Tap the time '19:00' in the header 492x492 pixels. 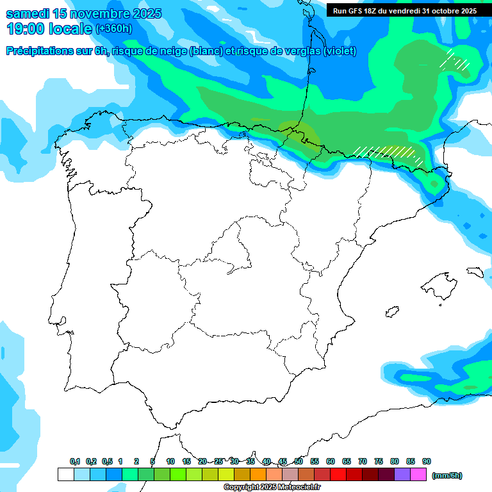point(26,28)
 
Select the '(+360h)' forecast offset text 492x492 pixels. point(114,29)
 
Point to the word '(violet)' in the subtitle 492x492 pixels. point(340,51)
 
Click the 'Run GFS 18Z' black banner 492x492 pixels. point(405,11)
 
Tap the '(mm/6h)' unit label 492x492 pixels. point(447,475)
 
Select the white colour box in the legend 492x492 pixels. point(65,474)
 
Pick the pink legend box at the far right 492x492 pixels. point(418,474)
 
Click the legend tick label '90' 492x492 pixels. point(427,461)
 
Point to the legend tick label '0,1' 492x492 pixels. point(75,461)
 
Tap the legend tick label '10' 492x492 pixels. point(170,461)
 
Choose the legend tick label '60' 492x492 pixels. point(331,461)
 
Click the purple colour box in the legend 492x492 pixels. point(402,474)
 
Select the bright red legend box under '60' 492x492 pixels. point(338,474)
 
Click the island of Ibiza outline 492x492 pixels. point(392,311)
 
